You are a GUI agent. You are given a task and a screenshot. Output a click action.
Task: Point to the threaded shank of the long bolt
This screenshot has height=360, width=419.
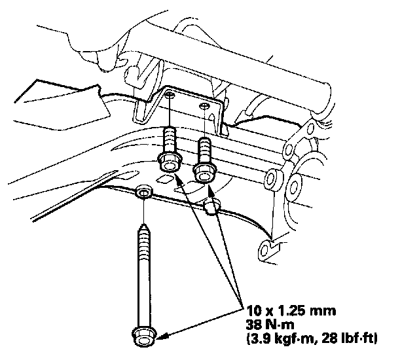click(x=143, y=262)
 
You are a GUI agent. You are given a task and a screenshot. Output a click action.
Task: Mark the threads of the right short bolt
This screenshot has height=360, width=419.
click(x=204, y=150)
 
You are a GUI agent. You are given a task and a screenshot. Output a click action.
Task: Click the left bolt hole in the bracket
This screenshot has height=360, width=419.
click(x=170, y=96)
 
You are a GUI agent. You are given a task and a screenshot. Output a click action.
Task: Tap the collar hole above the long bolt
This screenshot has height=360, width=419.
click(x=143, y=192)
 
